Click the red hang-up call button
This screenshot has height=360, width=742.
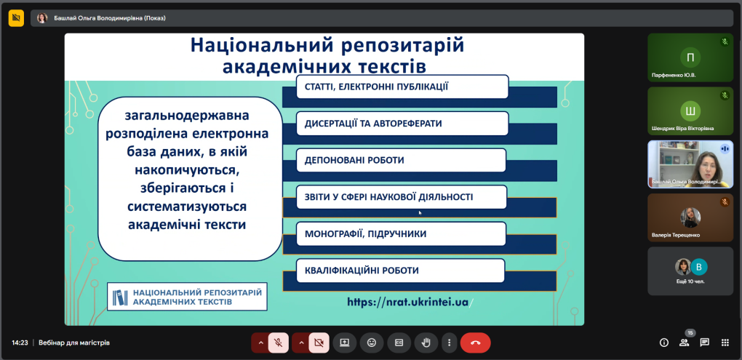point(475,343)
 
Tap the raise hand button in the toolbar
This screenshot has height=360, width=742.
point(426,343)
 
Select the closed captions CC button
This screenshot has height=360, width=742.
point(399,343)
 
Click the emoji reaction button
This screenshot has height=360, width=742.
point(372,343)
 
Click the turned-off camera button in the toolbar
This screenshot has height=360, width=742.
point(319,343)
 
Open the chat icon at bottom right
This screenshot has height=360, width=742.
point(705,343)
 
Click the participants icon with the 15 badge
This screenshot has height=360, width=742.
point(685,343)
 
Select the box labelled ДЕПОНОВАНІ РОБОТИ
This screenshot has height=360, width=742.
point(401,161)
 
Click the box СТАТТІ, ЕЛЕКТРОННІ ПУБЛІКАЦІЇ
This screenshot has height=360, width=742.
point(402,87)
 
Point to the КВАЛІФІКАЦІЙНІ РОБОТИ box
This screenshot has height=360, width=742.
point(400,271)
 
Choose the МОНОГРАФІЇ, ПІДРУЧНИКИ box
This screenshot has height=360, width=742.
point(401,234)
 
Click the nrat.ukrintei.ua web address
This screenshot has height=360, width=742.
point(410,302)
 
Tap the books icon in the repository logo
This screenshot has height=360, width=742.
point(120,297)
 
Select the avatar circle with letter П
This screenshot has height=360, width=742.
point(690,57)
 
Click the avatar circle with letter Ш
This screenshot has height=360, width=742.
point(690,112)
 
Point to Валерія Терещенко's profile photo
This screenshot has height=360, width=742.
point(690,217)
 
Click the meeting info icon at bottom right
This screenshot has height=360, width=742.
point(664,343)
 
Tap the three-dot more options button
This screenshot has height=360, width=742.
point(449,343)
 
